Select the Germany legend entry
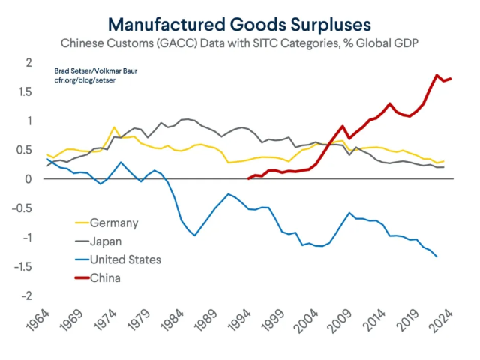coord(115,223)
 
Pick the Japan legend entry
coord(107,241)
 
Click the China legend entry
coord(106,278)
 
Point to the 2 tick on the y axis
coord(29,62)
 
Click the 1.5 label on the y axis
coord(25,91)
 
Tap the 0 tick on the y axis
coord(29,179)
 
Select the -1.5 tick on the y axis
coord(23,267)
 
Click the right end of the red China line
coord(450,79)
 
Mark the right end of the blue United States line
coord(437,257)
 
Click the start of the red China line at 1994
coord(248,178)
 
